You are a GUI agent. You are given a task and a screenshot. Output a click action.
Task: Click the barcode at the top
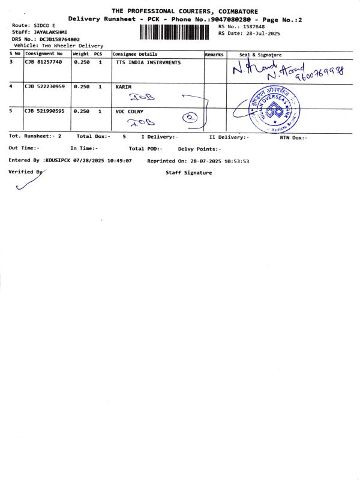173,32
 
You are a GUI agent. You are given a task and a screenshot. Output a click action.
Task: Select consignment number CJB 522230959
44,87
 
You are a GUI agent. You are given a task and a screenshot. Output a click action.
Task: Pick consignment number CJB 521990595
44,111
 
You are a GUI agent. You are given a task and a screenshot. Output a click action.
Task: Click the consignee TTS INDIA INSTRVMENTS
148,62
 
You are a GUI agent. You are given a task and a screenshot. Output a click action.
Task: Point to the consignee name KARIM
123,87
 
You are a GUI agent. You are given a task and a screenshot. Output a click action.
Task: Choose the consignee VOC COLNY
130,111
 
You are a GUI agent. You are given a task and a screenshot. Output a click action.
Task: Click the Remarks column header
214,54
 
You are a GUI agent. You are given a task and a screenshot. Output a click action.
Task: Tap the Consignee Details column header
135,54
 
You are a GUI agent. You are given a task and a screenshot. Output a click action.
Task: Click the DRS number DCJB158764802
59,39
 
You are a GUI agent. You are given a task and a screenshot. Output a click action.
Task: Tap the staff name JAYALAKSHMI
51,32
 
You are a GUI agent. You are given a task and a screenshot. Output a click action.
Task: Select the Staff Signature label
188,173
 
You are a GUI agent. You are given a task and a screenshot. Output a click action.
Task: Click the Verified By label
25,172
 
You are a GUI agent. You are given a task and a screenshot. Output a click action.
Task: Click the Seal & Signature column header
260,54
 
